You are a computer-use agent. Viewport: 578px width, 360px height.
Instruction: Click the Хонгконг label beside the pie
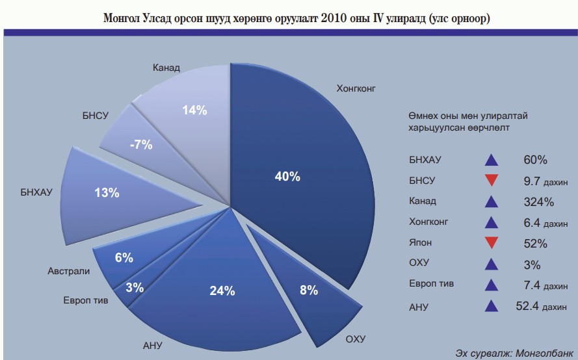[356, 87]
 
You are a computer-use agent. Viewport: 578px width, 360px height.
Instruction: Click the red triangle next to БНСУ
[492, 181]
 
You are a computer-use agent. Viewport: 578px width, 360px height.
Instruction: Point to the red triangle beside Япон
[492, 243]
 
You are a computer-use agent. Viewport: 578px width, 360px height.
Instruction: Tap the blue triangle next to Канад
[492, 201]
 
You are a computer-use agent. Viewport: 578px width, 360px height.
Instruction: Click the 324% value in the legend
[538, 201]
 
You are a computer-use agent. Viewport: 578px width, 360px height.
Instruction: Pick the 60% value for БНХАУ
[535, 160]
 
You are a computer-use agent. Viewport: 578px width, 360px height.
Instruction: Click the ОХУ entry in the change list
[419, 264]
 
